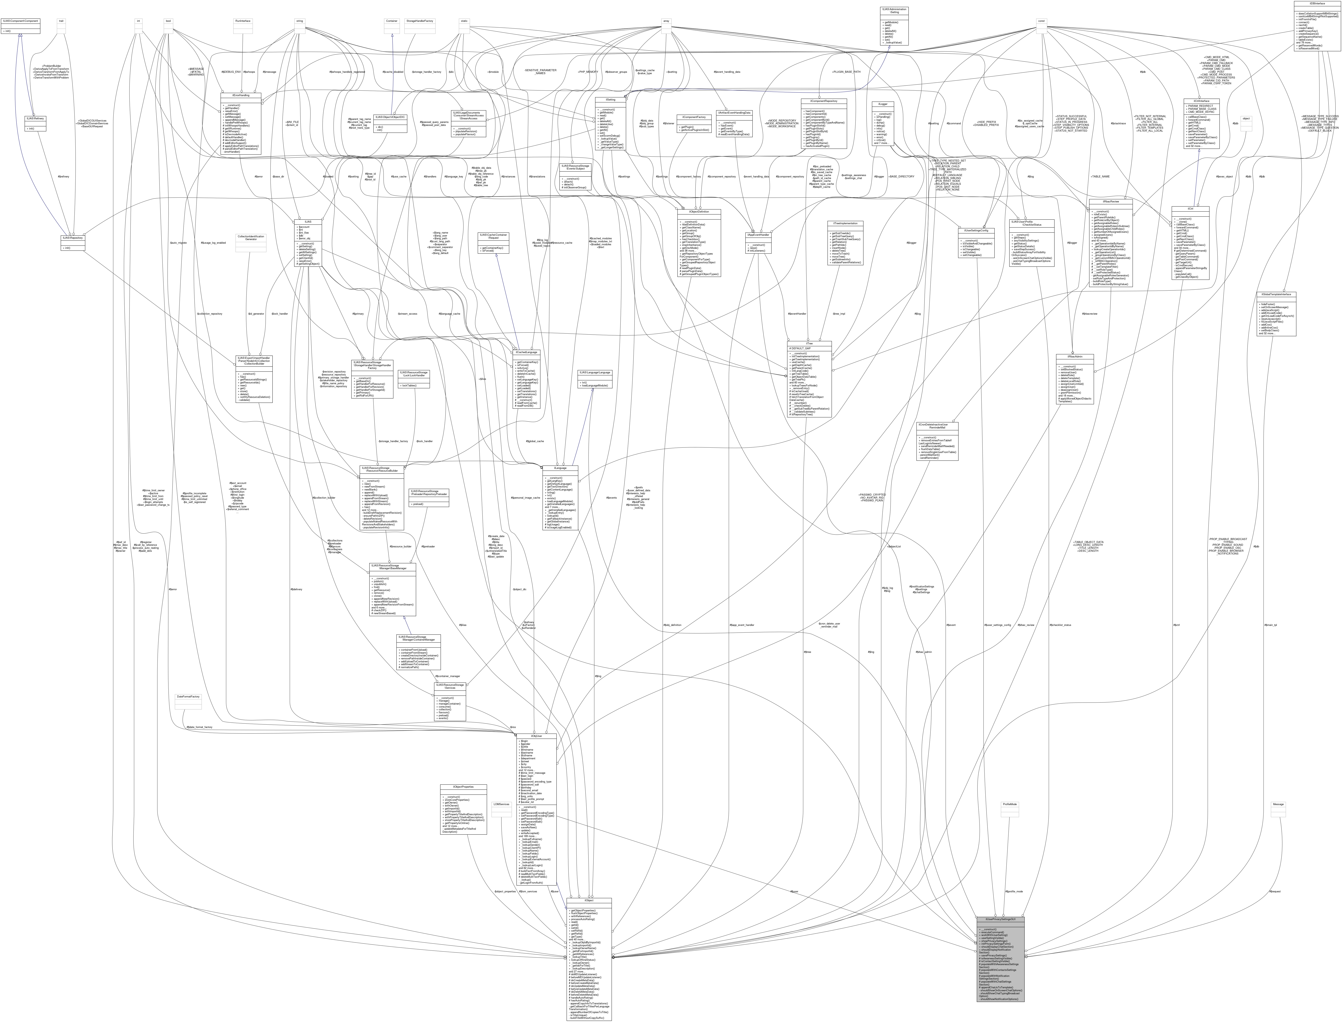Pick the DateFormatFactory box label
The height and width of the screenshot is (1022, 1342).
(x=187, y=696)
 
